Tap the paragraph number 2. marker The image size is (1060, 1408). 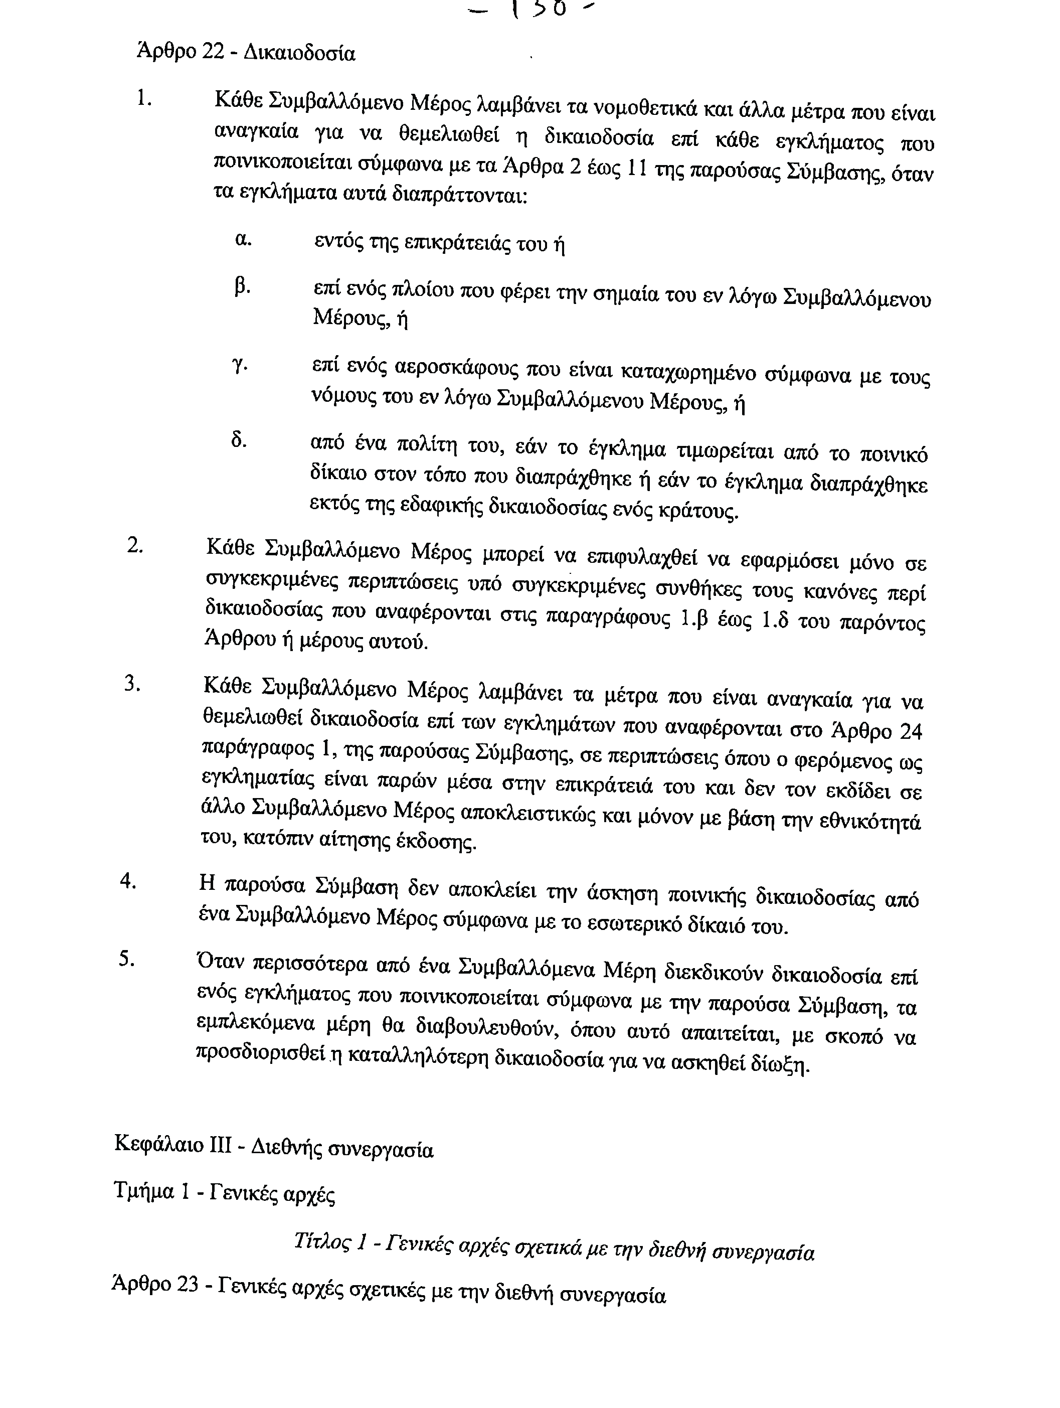[x=135, y=546]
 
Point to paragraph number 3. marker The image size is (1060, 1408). [x=132, y=684]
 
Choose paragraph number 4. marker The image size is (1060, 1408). [x=128, y=881]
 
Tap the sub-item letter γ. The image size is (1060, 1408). [x=240, y=366]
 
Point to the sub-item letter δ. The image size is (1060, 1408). [x=239, y=440]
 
